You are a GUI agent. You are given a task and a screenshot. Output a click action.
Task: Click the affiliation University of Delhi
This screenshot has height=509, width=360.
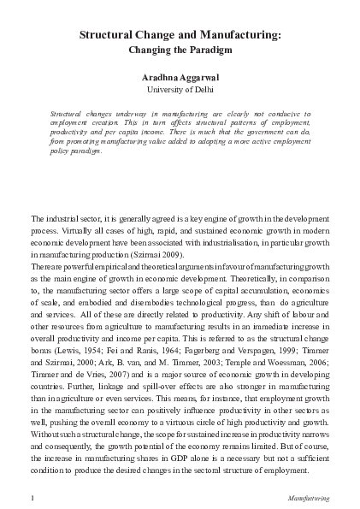coord(180,89)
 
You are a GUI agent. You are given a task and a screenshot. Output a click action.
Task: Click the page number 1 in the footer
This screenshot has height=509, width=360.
coord(32,497)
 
